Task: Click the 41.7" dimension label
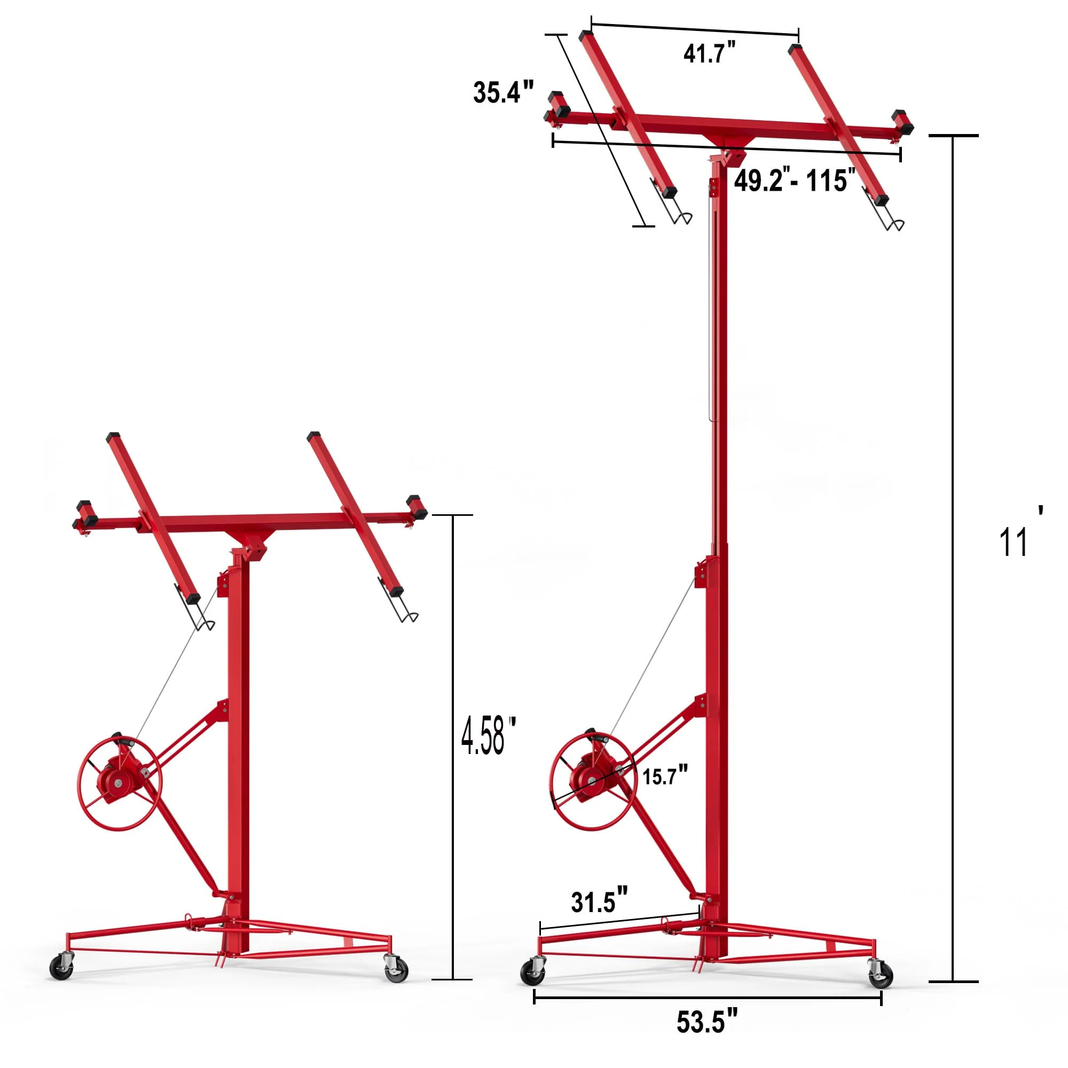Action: click(x=710, y=53)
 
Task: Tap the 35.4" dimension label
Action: click(x=503, y=92)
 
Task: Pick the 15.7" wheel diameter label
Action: click(x=665, y=775)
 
